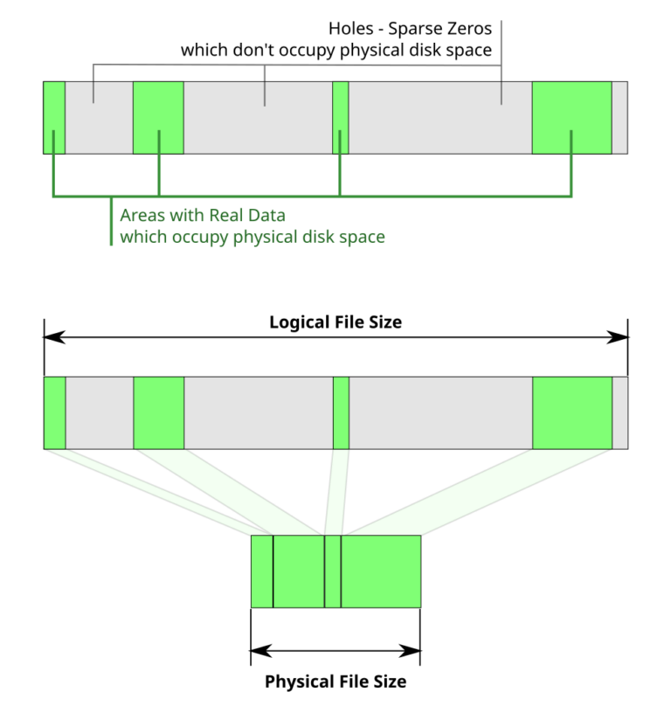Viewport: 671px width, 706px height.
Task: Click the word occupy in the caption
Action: click(203, 237)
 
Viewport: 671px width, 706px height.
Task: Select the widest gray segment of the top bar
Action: click(440, 118)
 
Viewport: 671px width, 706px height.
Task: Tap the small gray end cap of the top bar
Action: click(619, 118)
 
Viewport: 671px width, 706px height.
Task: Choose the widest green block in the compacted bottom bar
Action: click(381, 571)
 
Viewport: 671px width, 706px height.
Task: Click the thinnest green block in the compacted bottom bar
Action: click(332, 571)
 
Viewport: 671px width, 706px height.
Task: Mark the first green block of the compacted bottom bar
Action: click(262, 571)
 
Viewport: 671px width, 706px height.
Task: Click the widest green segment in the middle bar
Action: click(571, 412)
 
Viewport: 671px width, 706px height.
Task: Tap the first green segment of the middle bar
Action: click(54, 412)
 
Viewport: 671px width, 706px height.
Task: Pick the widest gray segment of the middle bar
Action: click(440, 412)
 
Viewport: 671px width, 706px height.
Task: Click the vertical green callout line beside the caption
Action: click(111, 223)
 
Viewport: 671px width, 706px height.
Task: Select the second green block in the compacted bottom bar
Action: click(299, 571)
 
